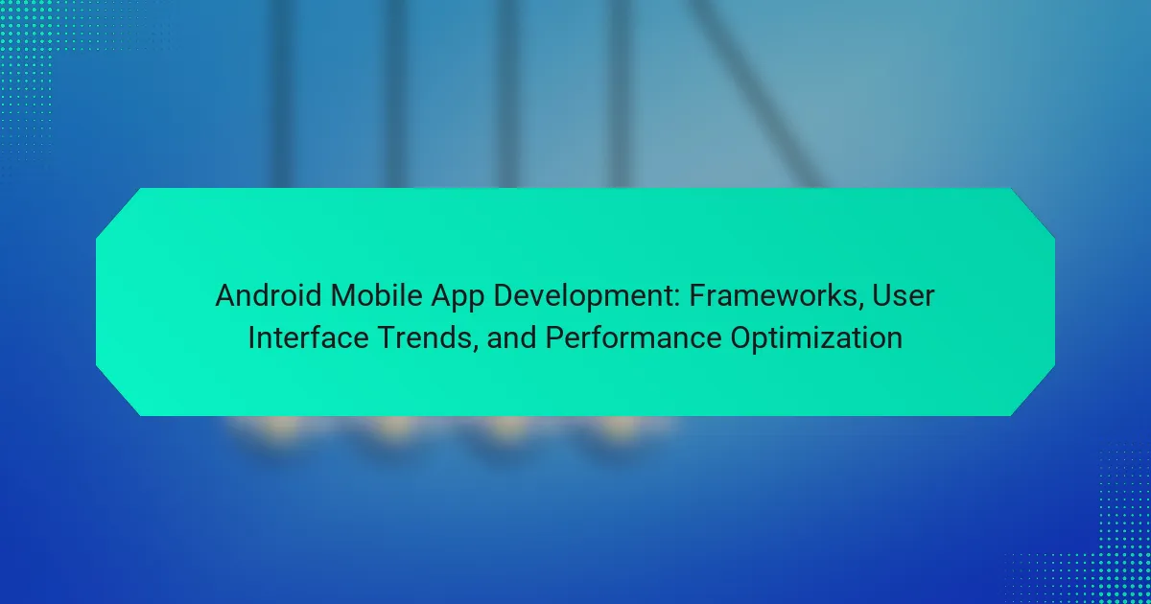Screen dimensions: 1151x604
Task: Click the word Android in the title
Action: [x=269, y=296]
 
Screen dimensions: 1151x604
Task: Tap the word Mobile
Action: [x=376, y=296]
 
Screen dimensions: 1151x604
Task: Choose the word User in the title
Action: [x=903, y=296]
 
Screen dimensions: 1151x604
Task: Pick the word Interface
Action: [x=308, y=337]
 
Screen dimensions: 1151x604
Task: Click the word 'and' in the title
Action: [x=512, y=337]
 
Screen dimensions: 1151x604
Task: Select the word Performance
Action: [x=633, y=337]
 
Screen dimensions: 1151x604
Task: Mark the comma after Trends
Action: [x=476, y=349]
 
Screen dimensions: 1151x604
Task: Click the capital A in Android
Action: [x=226, y=296]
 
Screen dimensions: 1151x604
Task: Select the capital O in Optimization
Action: [x=742, y=337]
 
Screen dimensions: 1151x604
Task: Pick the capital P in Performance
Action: [x=555, y=337]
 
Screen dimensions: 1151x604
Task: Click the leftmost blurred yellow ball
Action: [x=280, y=428]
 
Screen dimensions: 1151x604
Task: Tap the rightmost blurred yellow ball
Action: [x=621, y=428]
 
